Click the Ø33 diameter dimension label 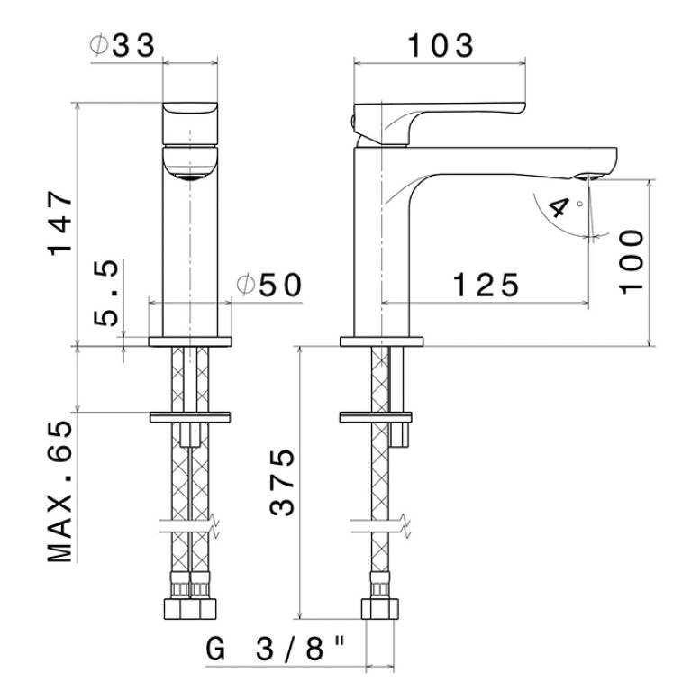123,45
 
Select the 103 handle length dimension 441,45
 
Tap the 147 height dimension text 60,223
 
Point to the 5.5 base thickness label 106,293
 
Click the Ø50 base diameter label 269,285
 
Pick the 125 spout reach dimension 486,285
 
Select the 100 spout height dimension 632,262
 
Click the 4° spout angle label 565,206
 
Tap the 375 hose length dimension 282,482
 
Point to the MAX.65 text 59,491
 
